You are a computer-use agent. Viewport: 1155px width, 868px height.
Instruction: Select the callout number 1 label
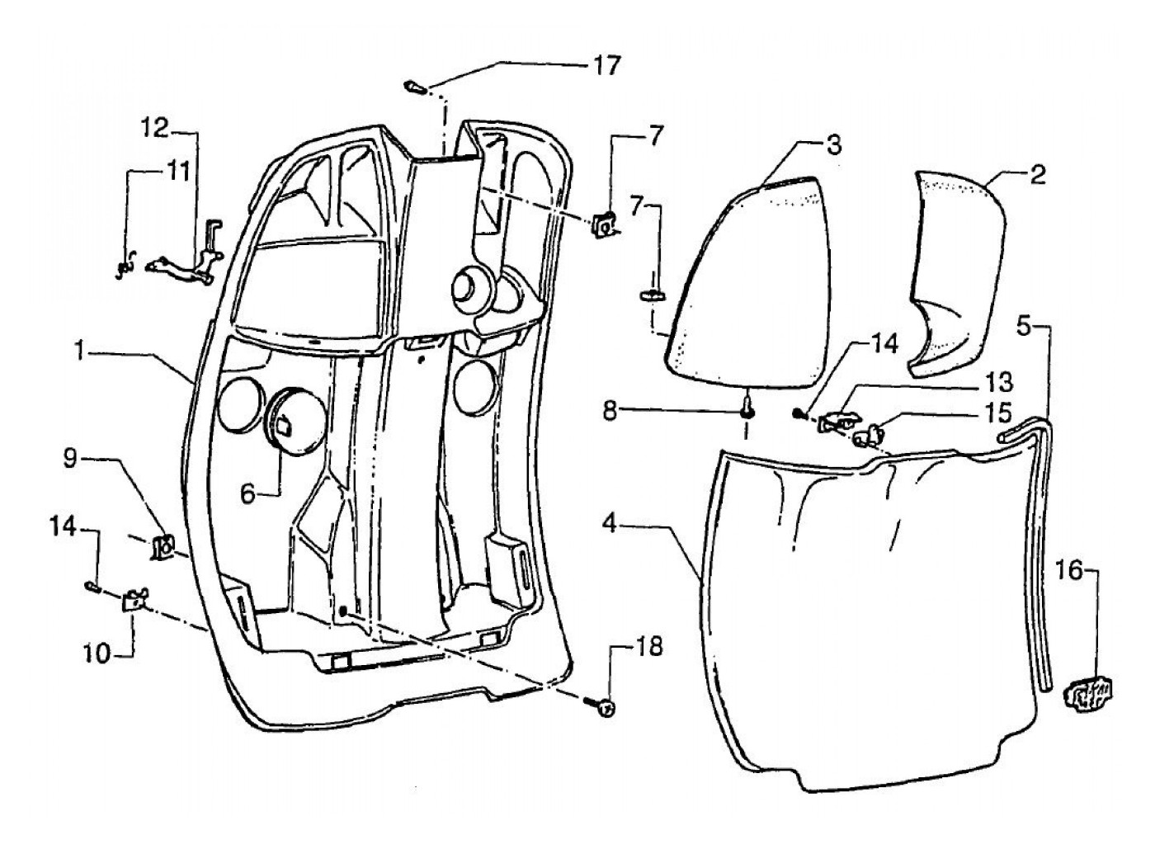pyautogui.click(x=80, y=352)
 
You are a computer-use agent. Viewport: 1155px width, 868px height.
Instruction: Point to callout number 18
pyautogui.click(x=648, y=647)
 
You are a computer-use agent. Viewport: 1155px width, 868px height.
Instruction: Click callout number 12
pyautogui.click(x=153, y=128)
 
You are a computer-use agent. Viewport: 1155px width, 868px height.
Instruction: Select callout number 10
pyautogui.click(x=96, y=653)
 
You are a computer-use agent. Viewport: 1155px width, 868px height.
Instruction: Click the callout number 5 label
pyautogui.click(x=1024, y=326)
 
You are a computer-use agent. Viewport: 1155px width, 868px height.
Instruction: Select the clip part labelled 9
pyautogui.click(x=163, y=545)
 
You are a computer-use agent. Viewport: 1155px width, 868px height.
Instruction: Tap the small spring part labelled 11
pyautogui.click(x=125, y=267)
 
